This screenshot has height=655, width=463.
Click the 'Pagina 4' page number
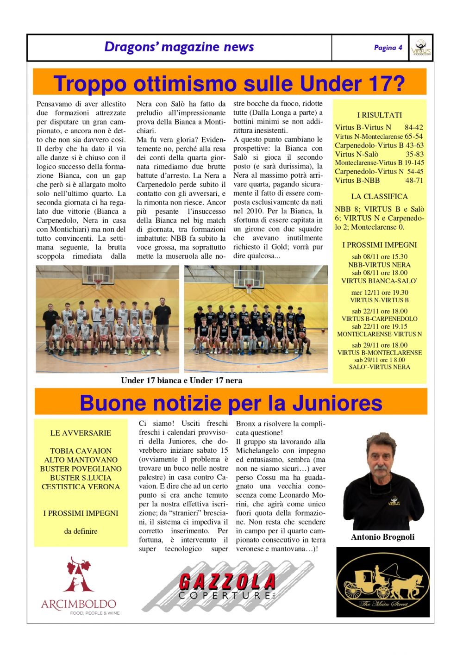[388, 48]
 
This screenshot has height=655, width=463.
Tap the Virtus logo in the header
[421, 48]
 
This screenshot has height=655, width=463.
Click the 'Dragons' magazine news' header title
[179, 47]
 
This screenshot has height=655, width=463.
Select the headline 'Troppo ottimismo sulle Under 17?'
[229, 84]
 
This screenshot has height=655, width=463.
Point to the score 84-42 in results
[413, 127]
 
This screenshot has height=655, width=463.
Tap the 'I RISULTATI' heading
[380, 115]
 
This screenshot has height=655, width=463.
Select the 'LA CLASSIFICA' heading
[379, 196]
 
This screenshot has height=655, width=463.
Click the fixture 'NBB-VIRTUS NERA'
[379, 265]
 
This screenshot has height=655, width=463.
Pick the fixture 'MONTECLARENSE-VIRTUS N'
[379, 334]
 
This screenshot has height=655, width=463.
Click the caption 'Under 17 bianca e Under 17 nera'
[181, 381]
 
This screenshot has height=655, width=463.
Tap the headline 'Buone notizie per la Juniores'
[231, 403]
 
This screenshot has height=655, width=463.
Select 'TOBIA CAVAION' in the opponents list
[81, 451]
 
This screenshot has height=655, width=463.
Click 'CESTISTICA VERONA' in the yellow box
[81, 487]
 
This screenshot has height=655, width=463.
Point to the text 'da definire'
[81, 531]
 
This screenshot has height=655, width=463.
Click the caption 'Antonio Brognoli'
[382, 537]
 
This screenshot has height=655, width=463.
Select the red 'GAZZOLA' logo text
[227, 581]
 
